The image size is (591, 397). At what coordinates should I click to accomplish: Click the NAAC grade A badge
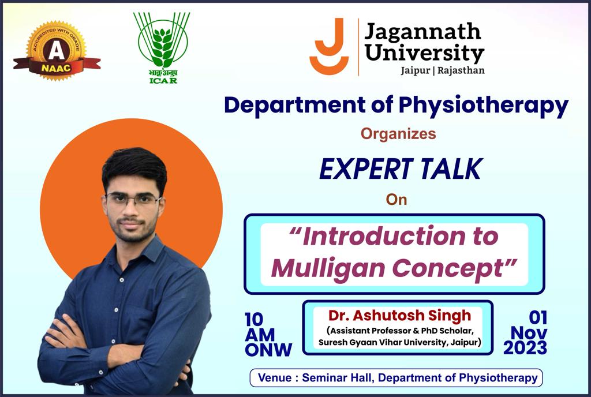(x=57, y=51)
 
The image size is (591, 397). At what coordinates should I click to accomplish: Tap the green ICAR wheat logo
(x=162, y=48)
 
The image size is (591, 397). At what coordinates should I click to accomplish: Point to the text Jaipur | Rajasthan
(x=443, y=70)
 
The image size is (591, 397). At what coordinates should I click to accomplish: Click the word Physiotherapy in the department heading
(x=484, y=106)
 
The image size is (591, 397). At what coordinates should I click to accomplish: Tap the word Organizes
(x=398, y=134)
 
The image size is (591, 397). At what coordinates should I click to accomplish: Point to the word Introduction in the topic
(x=384, y=236)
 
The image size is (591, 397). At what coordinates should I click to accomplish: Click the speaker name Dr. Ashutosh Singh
(x=399, y=316)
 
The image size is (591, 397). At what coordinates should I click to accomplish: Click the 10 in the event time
(x=254, y=320)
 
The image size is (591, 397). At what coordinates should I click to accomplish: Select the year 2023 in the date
(x=525, y=347)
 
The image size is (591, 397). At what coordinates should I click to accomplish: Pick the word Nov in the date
(x=529, y=332)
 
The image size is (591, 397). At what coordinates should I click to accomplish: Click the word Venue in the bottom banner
(x=275, y=378)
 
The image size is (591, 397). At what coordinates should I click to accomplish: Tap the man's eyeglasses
(x=133, y=199)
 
